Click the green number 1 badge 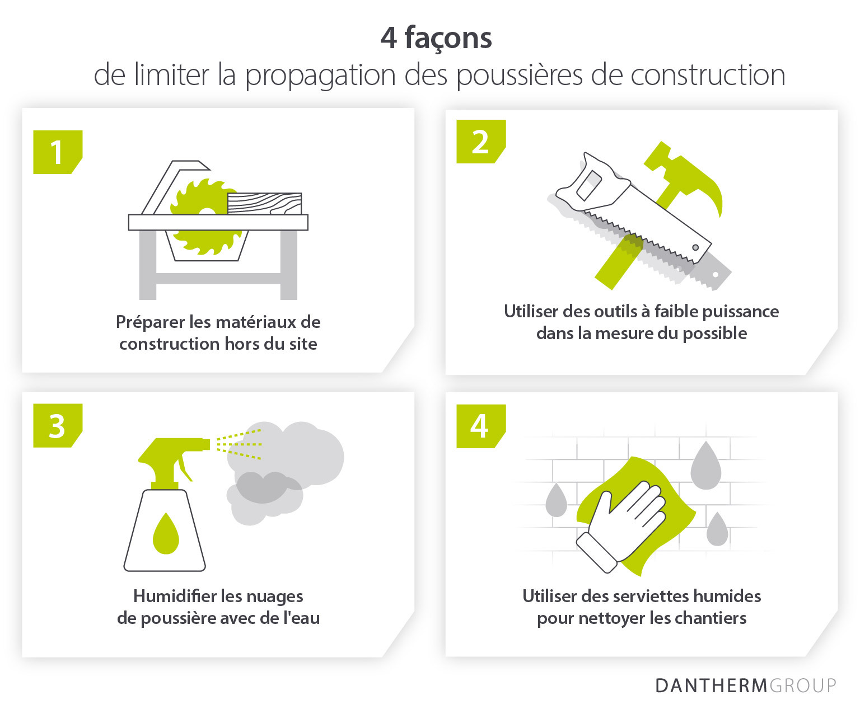tap(58, 152)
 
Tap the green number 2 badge tap(481, 141)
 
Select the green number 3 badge tap(58, 425)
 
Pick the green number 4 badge tap(481, 426)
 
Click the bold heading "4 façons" tap(436, 38)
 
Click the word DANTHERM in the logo tap(711, 685)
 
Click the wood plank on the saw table tap(264, 204)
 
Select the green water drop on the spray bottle tap(166, 534)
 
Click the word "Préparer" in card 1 tap(150, 322)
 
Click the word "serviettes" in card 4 tap(649, 596)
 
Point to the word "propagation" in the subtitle tap(321, 76)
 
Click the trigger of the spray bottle tap(185, 467)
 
